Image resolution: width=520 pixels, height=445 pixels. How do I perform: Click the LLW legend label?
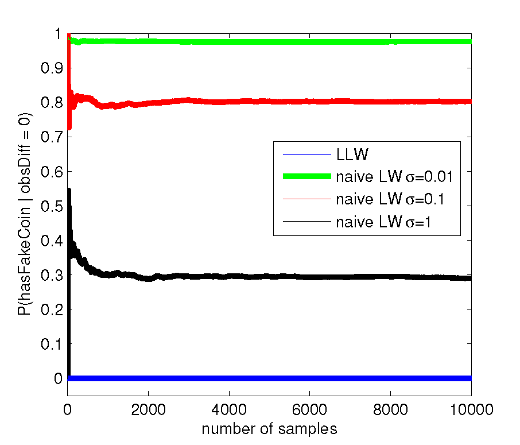[352, 154]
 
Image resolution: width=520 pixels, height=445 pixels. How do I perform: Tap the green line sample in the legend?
[306, 176]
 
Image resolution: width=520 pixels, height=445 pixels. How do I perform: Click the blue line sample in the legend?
[306, 154]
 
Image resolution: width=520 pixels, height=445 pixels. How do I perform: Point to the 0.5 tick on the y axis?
[52, 206]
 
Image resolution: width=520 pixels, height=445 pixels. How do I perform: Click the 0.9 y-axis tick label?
[52, 68]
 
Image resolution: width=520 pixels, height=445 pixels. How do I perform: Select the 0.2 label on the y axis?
[52, 309]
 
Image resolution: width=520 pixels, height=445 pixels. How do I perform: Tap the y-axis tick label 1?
[59, 34]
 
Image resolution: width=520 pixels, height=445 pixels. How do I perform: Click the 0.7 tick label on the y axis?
[52, 137]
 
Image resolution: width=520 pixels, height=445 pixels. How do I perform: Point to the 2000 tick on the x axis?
[148, 409]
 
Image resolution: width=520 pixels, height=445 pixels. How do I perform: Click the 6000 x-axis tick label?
[309, 409]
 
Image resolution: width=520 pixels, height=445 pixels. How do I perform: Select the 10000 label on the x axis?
[472, 409]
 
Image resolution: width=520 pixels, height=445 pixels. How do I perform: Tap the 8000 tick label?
[390, 409]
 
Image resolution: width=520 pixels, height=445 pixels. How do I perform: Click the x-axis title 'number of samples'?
[269, 429]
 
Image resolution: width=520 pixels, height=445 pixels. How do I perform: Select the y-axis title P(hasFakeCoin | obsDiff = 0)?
[24, 214]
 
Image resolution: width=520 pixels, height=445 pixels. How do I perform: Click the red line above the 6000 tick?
[309, 101]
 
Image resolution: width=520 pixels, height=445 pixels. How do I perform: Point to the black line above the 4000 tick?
[229, 276]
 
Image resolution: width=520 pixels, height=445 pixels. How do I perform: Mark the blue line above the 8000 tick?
[390, 378]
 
